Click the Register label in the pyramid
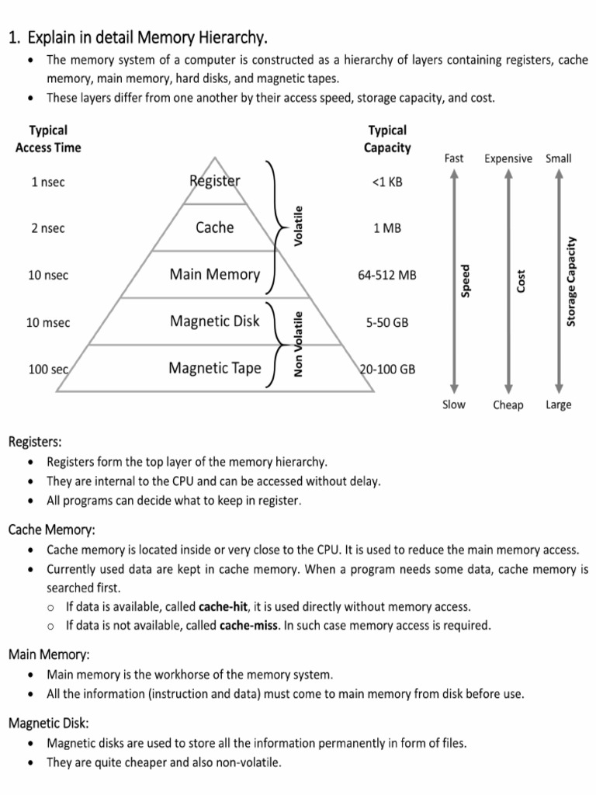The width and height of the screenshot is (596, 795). click(x=215, y=181)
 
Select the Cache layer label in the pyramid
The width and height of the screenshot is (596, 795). click(x=215, y=227)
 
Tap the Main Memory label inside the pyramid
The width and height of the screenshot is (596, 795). click(x=215, y=274)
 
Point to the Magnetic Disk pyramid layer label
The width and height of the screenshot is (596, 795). click(x=215, y=321)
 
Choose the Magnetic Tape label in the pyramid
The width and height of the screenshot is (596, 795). click(x=215, y=368)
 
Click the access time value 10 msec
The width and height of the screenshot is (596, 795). click(x=48, y=322)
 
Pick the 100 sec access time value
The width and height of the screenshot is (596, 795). click(x=48, y=370)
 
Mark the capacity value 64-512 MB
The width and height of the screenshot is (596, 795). click(x=387, y=275)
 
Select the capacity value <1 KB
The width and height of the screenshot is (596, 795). click(x=387, y=182)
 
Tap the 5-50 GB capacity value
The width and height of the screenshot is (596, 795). click(x=387, y=322)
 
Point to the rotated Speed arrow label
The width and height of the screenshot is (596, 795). click(x=466, y=281)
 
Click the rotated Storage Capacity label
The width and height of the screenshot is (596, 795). click(x=571, y=281)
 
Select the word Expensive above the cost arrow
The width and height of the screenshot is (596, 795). click(x=508, y=158)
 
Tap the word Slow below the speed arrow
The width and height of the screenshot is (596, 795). click(x=454, y=404)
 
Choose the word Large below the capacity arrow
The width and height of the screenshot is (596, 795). click(x=558, y=404)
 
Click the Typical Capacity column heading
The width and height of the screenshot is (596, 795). click(x=387, y=139)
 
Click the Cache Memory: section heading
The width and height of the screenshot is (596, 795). click(x=52, y=529)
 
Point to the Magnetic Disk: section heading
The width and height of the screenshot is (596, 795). click(x=49, y=723)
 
